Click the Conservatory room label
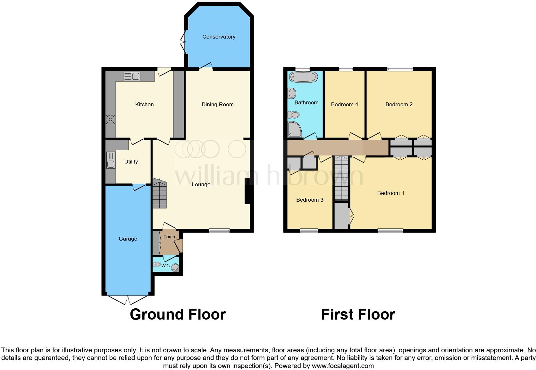tap(219, 37)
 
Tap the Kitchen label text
tap(144, 104)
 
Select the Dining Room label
tap(217, 104)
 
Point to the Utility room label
tap(131, 162)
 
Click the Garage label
tap(128, 239)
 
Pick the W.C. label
tap(166, 266)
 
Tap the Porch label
tap(169, 237)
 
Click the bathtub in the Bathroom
tap(303, 77)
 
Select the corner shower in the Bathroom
tap(294, 129)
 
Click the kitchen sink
tap(132, 76)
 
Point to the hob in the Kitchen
tap(111, 120)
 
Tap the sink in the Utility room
tap(111, 160)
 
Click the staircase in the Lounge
tap(159, 194)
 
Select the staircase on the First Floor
tap(341, 178)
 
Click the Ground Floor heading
tap(178, 314)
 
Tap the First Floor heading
tap(358, 314)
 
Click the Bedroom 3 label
tap(310, 200)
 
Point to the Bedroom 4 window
tap(346, 69)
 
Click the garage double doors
tap(128, 299)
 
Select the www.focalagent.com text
tap(343, 366)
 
